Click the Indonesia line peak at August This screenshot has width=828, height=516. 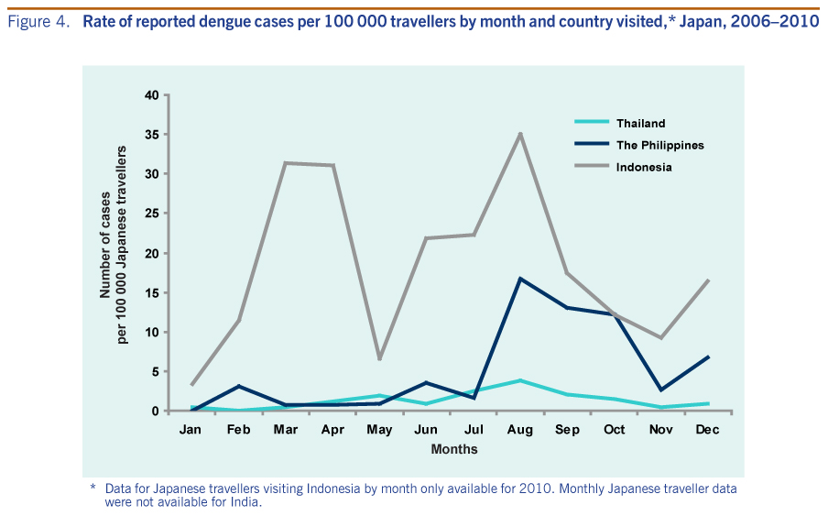click(x=520, y=134)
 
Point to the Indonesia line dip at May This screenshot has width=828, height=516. click(x=379, y=358)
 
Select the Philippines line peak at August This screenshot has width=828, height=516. click(x=520, y=278)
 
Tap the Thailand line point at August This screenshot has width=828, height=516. click(x=520, y=380)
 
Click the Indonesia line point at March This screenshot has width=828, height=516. click(x=285, y=163)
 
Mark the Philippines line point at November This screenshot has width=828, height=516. click(x=661, y=390)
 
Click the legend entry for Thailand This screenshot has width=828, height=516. click(x=640, y=123)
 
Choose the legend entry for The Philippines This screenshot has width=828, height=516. click(x=659, y=145)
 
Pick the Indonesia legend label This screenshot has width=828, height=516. click(x=644, y=167)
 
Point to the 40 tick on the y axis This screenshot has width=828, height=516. click(x=152, y=95)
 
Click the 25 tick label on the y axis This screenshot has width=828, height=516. click(x=152, y=214)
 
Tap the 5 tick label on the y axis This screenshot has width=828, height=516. click(x=155, y=371)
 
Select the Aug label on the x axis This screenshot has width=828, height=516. click(x=520, y=429)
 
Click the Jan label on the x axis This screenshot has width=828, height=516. click(x=191, y=429)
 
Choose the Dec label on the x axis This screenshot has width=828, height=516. click(x=708, y=429)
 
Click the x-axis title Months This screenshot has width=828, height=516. click(x=454, y=449)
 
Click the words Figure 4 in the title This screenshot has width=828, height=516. click(x=38, y=22)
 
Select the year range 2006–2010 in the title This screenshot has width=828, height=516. click(x=779, y=22)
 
